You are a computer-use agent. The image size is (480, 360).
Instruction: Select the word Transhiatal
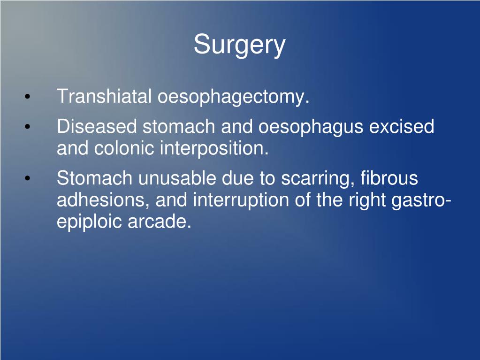(x=105, y=97)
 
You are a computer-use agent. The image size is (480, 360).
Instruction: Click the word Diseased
(x=97, y=127)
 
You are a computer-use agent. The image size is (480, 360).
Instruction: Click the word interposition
(x=214, y=149)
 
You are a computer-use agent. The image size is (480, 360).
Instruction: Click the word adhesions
(x=103, y=200)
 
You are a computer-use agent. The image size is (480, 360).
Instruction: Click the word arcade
(x=160, y=222)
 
